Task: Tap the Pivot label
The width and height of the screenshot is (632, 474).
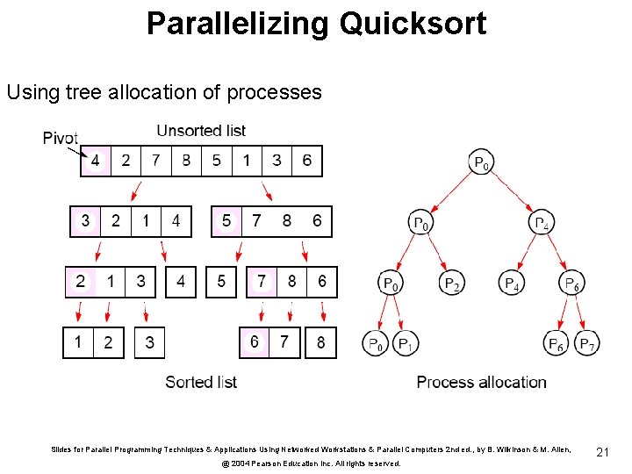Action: coord(60,138)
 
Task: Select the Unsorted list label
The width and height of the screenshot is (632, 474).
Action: coord(201,131)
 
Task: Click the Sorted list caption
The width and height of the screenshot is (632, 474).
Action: coord(201,382)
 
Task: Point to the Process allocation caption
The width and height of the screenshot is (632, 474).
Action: coord(481,382)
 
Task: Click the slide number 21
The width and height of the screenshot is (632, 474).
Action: coord(602,451)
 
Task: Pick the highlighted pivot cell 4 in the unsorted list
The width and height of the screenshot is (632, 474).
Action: coord(96,161)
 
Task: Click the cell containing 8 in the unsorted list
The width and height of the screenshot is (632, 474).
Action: coord(186,161)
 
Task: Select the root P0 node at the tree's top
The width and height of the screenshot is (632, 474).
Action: coord(482,162)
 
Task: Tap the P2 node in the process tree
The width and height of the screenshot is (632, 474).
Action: coord(451,283)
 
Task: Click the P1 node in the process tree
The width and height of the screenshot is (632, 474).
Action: coord(406,344)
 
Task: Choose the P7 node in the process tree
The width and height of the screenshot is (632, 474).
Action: coord(587,344)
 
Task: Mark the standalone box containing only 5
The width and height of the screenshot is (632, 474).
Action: coord(221,282)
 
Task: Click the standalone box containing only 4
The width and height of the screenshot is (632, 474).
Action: coord(181,282)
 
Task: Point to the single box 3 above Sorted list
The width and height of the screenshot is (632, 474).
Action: coord(149,342)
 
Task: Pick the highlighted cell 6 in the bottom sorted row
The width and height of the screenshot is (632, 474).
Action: coord(255,342)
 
